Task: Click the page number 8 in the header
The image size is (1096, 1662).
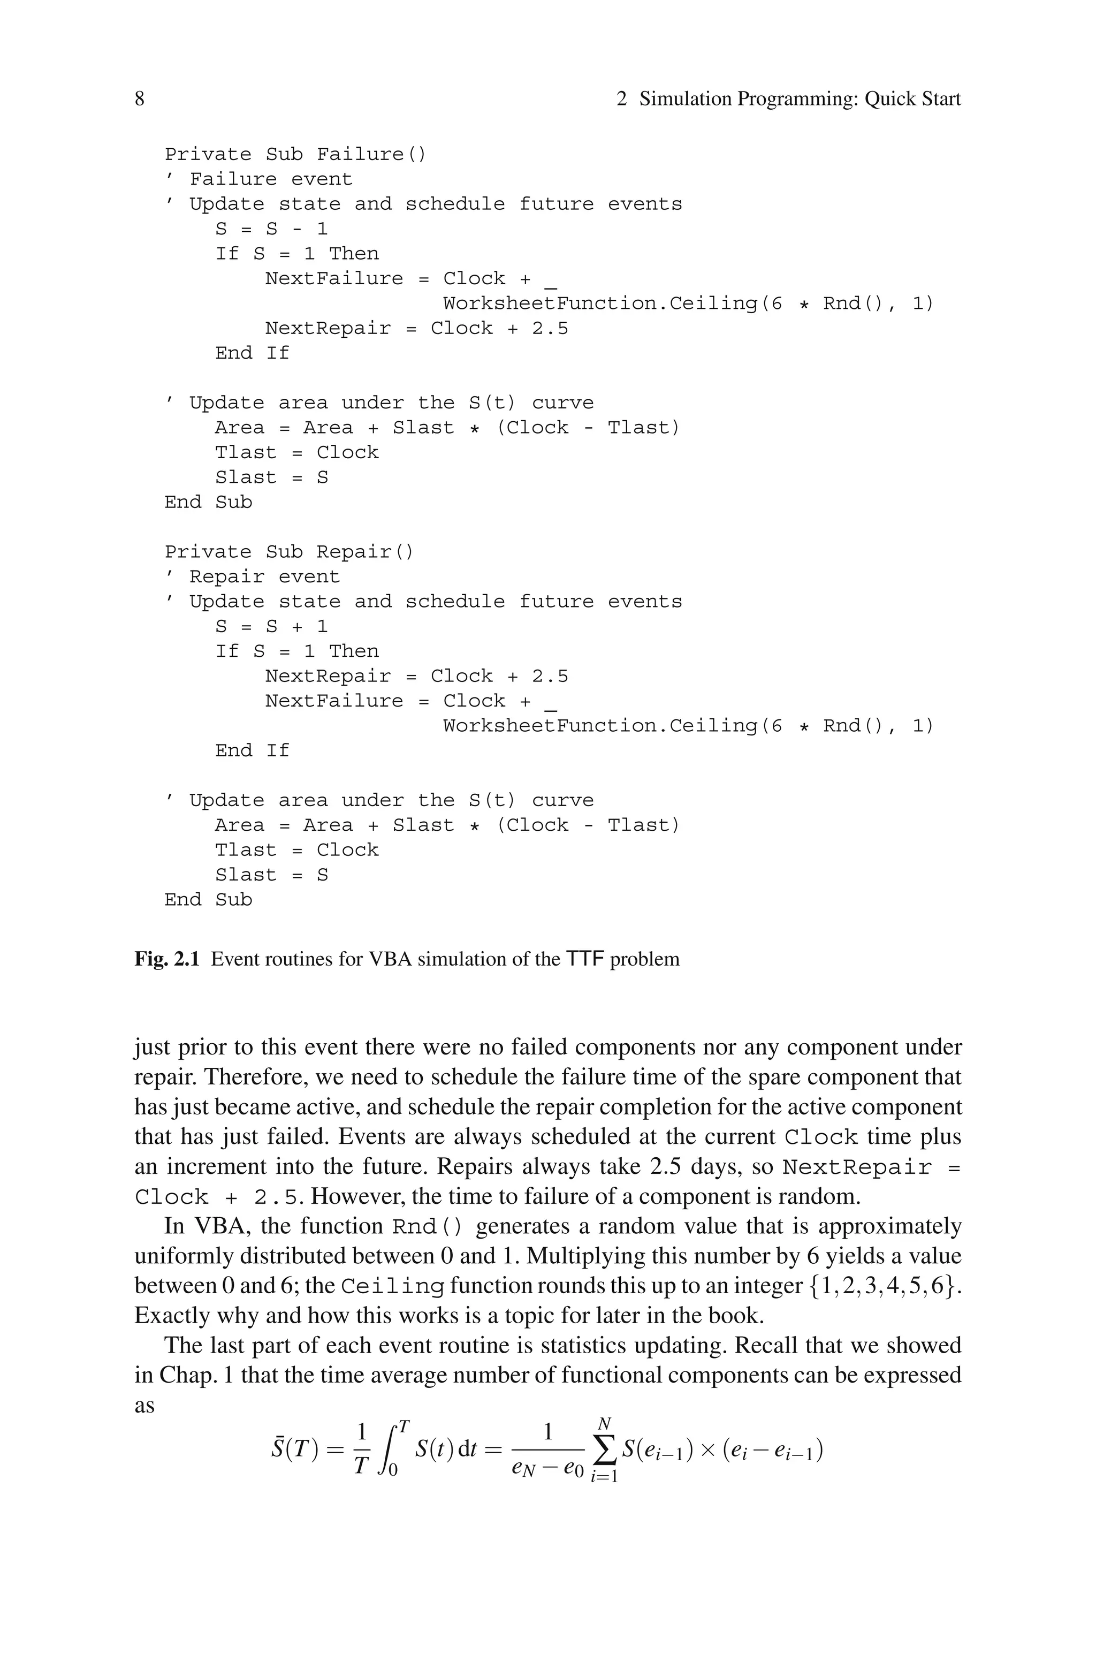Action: (140, 98)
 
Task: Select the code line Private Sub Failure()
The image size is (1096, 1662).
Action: (295, 155)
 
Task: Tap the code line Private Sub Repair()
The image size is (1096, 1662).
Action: (290, 552)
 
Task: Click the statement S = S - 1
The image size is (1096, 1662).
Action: (271, 229)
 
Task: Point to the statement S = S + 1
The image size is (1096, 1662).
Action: (271, 627)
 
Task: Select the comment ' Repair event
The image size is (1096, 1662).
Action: (253, 578)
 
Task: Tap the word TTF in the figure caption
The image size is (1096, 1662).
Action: (585, 959)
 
